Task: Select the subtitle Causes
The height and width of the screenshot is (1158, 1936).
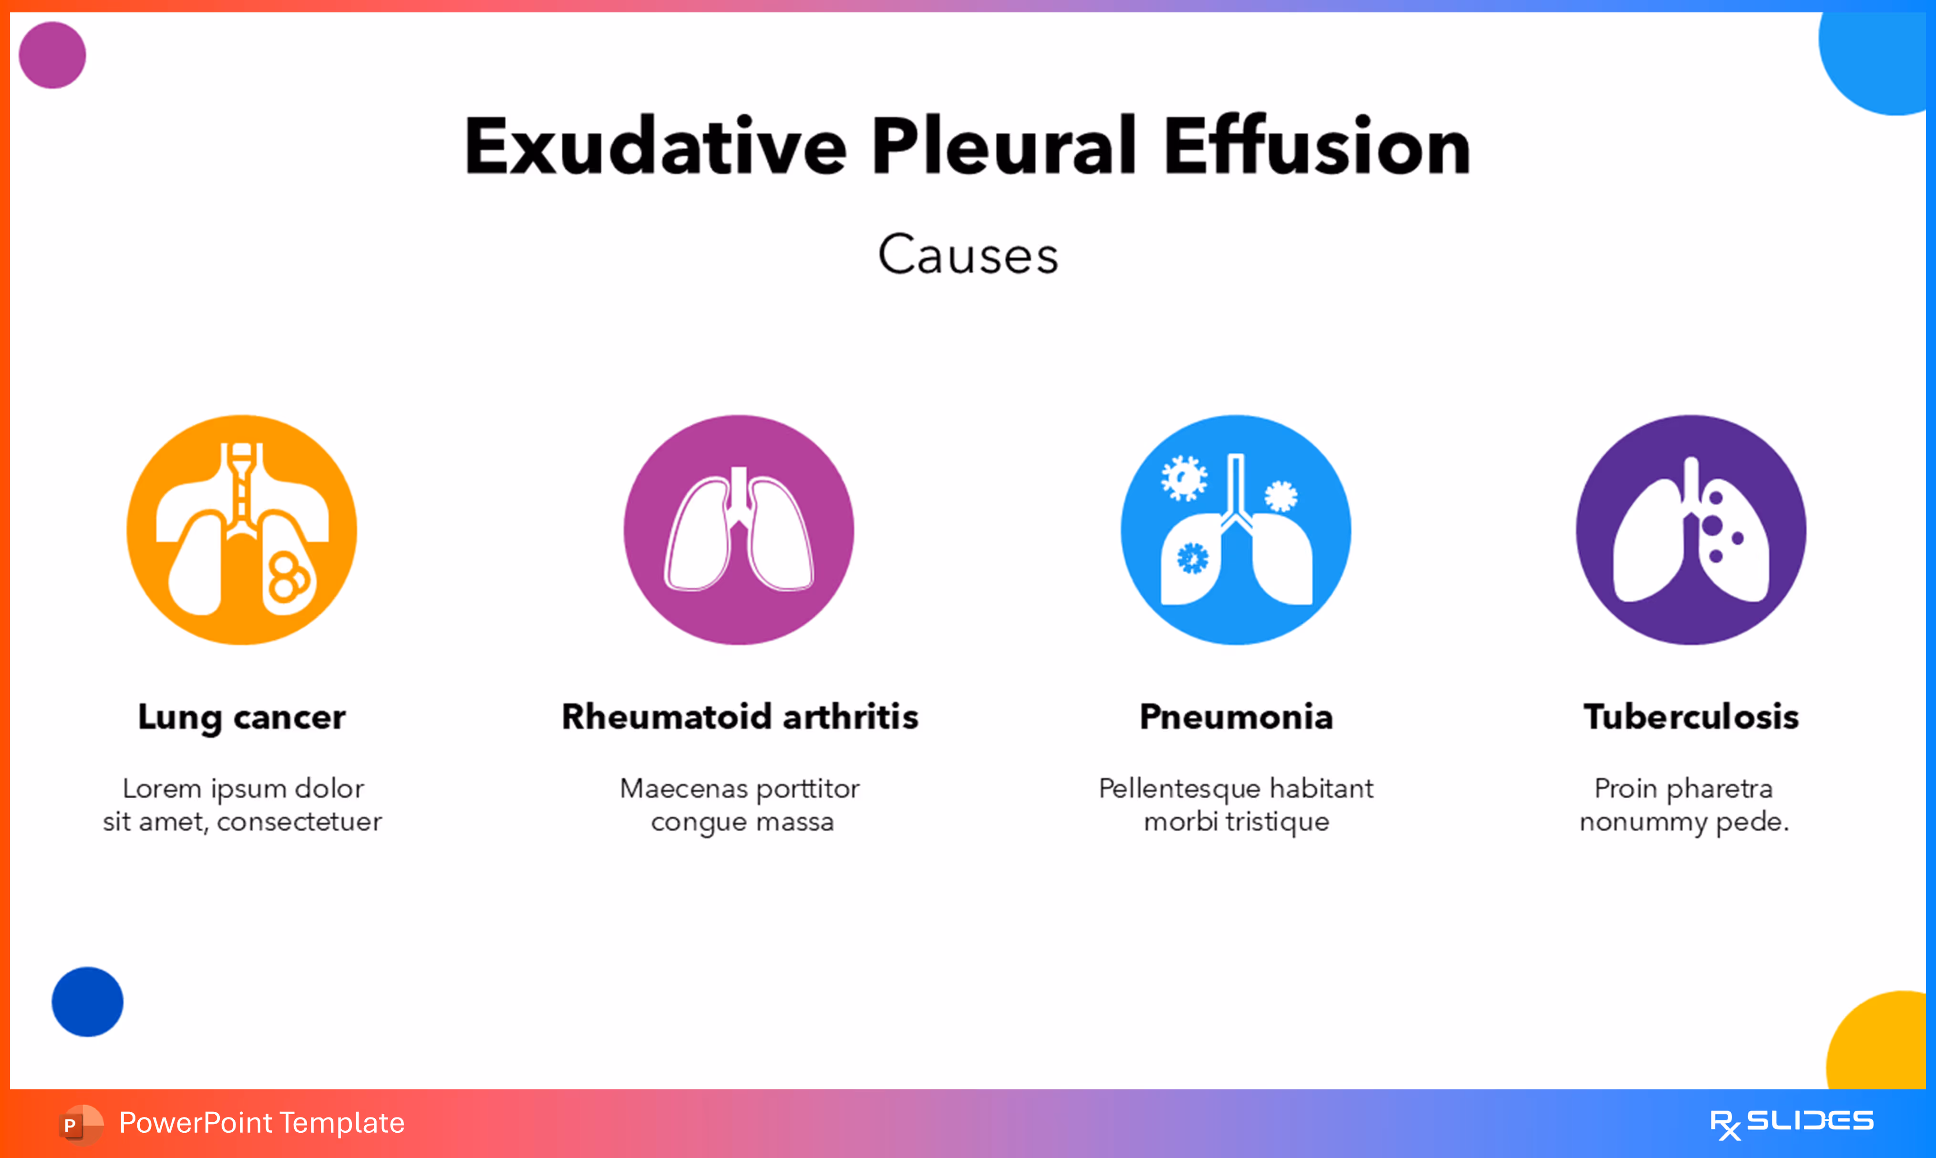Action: click(x=968, y=254)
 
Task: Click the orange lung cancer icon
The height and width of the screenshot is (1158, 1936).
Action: click(x=242, y=530)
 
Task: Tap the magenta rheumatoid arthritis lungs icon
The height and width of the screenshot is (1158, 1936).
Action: click(x=739, y=530)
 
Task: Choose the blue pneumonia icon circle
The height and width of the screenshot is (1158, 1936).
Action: click(x=1236, y=530)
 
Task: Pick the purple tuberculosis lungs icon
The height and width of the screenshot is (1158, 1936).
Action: click(x=1691, y=530)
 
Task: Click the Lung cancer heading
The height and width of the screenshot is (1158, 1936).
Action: click(x=242, y=716)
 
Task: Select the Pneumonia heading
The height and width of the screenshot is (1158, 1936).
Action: click(x=1236, y=716)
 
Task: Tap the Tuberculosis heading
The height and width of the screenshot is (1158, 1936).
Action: click(x=1691, y=716)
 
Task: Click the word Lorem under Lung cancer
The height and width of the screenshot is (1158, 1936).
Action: click(x=163, y=788)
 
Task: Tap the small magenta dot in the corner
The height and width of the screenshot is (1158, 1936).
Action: click(x=52, y=55)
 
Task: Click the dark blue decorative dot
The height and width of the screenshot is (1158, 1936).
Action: click(x=87, y=1002)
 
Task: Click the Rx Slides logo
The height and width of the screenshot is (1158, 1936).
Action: click(x=1791, y=1123)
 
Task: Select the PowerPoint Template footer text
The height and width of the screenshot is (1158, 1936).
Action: click(x=261, y=1123)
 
